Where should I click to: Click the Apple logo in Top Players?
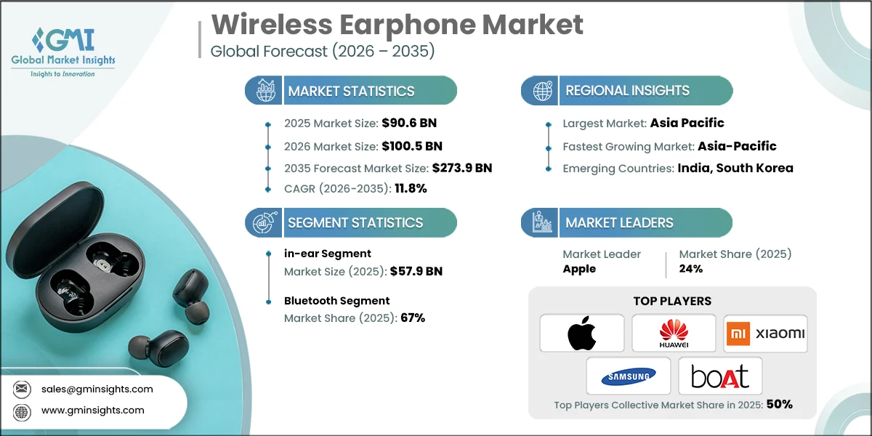[581, 333]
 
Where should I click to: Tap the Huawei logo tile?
[674, 333]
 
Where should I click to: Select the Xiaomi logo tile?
[765, 333]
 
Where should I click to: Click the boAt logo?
[719, 376]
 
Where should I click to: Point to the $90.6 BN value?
[408, 123]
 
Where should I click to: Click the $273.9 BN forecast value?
[462, 168]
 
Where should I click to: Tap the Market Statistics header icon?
[264, 91]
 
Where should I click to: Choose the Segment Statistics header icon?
[264, 222]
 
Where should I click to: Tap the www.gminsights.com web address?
[93, 411]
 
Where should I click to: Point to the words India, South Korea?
[735, 168]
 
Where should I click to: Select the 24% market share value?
[691, 269]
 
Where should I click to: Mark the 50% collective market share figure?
[778, 404]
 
